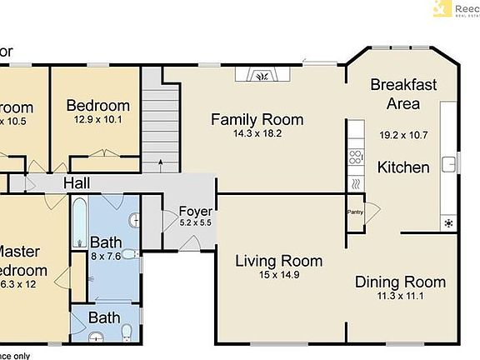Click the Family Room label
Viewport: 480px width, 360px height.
(257, 119)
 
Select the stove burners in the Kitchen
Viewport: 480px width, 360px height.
(356, 156)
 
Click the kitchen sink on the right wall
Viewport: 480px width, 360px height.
(447, 163)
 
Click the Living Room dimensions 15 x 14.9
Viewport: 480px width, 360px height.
(277, 276)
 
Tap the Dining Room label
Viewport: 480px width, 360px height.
(400, 282)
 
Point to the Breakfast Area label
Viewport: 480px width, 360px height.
(402, 94)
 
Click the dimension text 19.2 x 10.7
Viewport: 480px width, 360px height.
(403, 134)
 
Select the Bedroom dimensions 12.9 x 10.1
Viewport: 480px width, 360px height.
(98, 119)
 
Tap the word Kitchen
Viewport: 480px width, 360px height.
(403, 167)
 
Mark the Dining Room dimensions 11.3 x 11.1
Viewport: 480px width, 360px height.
(400, 296)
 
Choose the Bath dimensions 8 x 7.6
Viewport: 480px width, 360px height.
(107, 256)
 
